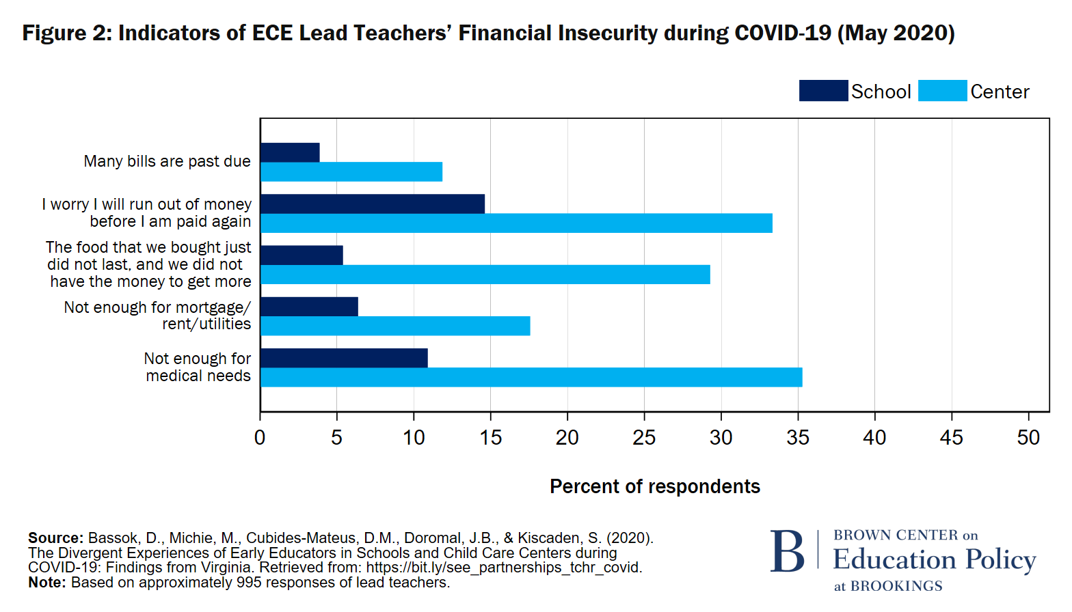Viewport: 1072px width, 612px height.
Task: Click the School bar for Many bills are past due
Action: pos(290,152)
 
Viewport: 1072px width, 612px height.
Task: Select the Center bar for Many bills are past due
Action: pos(351,172)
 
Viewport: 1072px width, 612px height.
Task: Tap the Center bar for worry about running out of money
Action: pos(516,223)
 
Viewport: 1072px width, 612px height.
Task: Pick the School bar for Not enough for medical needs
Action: pos(344,358)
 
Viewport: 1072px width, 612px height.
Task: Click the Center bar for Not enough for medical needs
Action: pos(531,378)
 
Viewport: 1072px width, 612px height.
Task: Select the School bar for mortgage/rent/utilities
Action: pos(309,307)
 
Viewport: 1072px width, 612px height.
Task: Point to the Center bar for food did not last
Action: pos(485,275)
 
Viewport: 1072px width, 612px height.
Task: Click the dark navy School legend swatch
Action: pos(823,91)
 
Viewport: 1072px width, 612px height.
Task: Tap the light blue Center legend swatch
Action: pos(942,91)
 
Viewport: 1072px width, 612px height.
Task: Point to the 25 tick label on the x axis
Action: pos(644,438)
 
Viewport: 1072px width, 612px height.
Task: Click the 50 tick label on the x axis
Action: pos(1028,438)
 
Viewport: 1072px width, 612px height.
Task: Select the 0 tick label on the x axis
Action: pos(260,438)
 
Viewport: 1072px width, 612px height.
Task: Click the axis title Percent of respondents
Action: pos(654,486)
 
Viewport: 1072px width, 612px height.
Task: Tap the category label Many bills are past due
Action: pos(167,161)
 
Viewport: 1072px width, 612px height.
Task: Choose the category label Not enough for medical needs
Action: pos(198,367)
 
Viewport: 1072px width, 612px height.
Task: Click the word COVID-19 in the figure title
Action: pos(783,33)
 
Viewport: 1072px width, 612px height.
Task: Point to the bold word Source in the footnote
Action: pos(55,538)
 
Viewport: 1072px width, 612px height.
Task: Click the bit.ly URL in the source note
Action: pos(503,568)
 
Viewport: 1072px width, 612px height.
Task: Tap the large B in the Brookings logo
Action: pos(788,552)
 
